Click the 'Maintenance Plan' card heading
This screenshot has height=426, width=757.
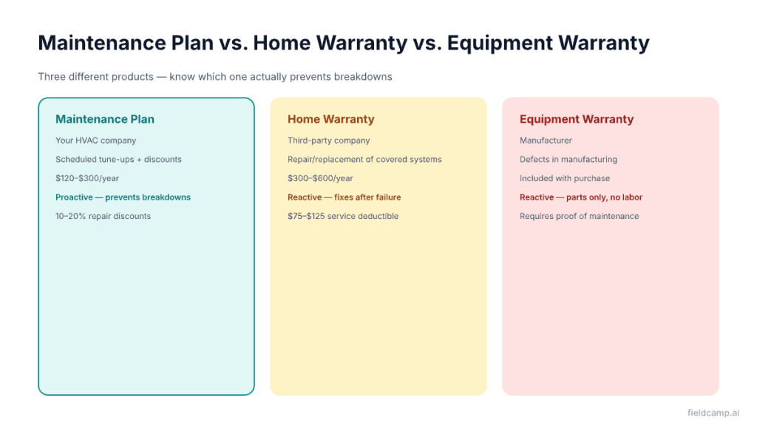(x=105, y=119)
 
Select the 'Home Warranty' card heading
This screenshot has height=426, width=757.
(x=330, y=119)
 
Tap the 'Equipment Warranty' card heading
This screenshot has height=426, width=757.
(x=576, y=119)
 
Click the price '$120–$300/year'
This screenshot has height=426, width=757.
(x=87, y=178)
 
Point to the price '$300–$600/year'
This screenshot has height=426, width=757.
(x=320, y=178)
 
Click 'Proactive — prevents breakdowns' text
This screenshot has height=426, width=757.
(x=123, y=197)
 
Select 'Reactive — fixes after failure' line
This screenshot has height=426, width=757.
(x=344, y=197)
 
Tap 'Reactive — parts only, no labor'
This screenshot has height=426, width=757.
(x=581, y=197)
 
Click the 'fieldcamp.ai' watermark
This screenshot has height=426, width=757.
(x=713, y=413)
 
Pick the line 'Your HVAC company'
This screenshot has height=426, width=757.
(x=95, y=141)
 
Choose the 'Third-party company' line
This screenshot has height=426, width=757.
(x=328, y=141)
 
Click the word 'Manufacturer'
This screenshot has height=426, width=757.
(x=546, y=141)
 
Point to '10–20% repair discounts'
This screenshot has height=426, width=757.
(x=103, y=217)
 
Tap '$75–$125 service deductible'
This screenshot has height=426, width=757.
(x=343, y=217)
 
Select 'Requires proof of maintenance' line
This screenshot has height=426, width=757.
(x=579, y=217)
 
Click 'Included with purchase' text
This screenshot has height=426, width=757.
(x=565, y=178)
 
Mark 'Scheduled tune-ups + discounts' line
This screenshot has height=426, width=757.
(x=118, y=160)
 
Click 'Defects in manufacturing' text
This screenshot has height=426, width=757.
(x=568, y=160)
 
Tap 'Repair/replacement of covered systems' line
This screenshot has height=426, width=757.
(x=364, y=160)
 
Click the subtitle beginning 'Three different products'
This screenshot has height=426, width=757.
(x=214, y=77)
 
